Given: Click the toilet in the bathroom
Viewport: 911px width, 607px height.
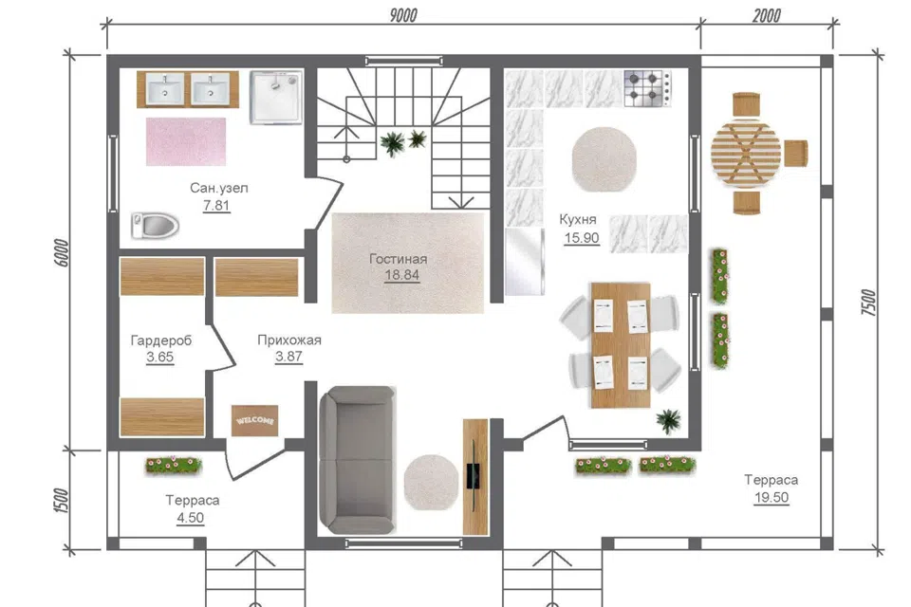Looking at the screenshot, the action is [x=155, y=226].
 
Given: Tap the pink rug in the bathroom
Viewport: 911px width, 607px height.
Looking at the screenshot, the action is [x=186, y=141].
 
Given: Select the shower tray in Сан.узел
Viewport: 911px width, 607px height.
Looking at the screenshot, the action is [x=276, y=98].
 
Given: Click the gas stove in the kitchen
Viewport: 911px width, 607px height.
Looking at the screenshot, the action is [x=647, y=89].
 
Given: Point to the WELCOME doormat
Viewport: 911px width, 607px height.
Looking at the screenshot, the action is [x=255, y=420].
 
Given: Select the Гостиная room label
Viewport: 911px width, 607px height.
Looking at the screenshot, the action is [x=398, y=259].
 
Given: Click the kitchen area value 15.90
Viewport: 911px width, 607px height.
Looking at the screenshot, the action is [x=582, y=237].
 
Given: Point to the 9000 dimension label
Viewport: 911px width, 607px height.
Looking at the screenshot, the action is [x=403, y=15].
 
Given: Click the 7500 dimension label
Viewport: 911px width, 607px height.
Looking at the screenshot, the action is [x=868, y=302].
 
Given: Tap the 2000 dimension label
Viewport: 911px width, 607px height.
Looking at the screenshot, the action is [x=767, y=16].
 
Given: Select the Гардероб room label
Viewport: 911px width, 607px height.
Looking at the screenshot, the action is [x=161, y=340].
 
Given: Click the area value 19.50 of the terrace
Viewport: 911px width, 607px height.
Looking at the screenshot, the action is [x=772, y=497].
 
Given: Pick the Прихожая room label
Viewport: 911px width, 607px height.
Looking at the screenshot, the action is [x=289, y=340].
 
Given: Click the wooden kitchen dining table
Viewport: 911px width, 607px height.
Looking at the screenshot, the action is [x=621, y=345].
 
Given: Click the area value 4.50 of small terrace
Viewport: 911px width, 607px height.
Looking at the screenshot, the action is [x=191, y=518].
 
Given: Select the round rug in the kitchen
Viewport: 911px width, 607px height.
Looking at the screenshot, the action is [x=604, y=159].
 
